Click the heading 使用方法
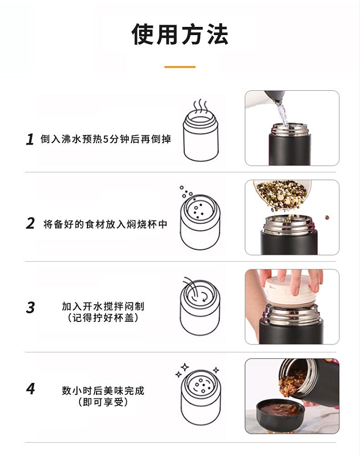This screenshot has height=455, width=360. tap(180, 34)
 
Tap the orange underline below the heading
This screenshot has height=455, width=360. tap(180, 67)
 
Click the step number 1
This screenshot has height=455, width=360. tap(30, 139)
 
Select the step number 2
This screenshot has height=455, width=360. tap(30, 224)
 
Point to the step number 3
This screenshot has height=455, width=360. tap(30, 307)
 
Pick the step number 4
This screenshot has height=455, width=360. tap(30, 389)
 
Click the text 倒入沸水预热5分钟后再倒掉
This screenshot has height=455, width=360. tap(106, 139)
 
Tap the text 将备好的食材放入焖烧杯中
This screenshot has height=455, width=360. tap(105, 224)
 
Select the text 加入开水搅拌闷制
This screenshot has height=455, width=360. tap(103, 306)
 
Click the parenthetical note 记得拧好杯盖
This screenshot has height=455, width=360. tap(103, 318)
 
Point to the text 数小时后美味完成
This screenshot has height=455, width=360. tap(103, 391)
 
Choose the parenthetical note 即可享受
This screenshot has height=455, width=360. tap(103, 402)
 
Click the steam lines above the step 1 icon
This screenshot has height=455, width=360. tap(200, 107)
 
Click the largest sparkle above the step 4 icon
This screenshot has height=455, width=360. tap(185, 367)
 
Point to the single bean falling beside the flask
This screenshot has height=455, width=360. tap(327, 217)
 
